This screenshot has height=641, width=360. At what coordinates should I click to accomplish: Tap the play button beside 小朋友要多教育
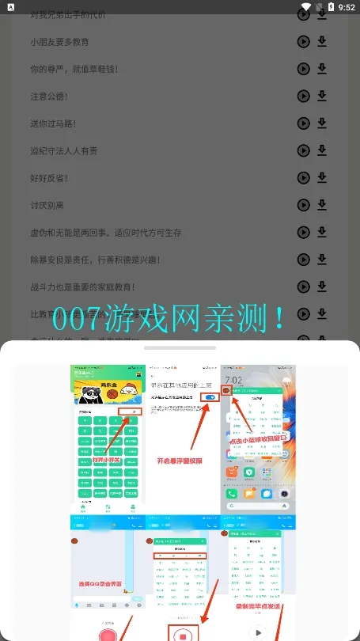point(303,42)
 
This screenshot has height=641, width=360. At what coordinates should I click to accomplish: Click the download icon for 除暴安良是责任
point(322,259)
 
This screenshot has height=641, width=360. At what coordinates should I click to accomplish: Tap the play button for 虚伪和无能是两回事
point(303,232)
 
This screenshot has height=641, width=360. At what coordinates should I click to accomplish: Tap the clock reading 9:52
point(346,7)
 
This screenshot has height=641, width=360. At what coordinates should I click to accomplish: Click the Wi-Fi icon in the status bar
point(305,7)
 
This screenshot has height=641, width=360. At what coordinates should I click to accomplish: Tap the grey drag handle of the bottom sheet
point(180,347)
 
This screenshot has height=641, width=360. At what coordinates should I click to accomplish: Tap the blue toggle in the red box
point(210,397)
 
